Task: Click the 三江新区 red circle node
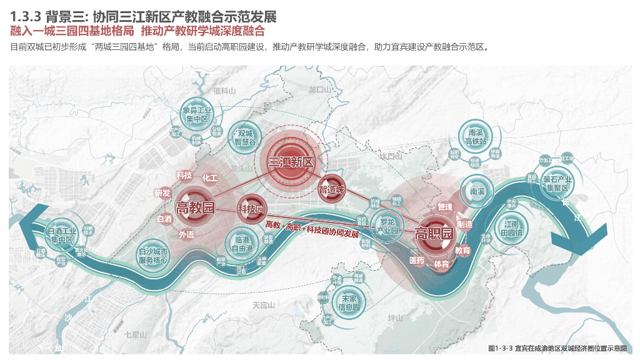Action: click(291, 161)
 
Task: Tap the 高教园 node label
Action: click(195, 207)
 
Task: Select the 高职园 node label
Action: click(434, 234)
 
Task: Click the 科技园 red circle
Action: click(250, 209)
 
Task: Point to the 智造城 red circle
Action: click(331, 189)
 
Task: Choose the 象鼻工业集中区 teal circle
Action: click(195, 114)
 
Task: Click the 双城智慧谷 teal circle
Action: click(244, 137)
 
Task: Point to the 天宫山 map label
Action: click(263, 305)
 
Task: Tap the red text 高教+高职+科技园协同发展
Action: click(312, 229)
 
